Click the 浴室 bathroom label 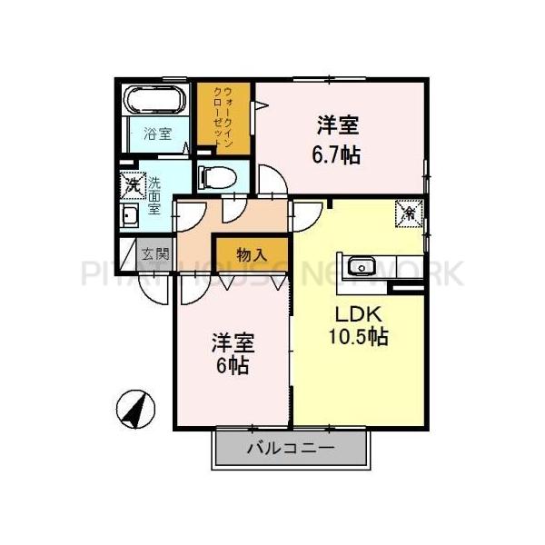tap(158, 134)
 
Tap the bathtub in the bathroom tap(155, 99)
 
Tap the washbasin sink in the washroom tap(129, 216)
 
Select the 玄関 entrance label tap(154, 253)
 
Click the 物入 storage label tap(251, 254)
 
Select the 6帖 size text tap(233, 366)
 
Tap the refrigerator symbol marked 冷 tap(409, 214)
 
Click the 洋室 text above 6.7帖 tap(337, 124)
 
